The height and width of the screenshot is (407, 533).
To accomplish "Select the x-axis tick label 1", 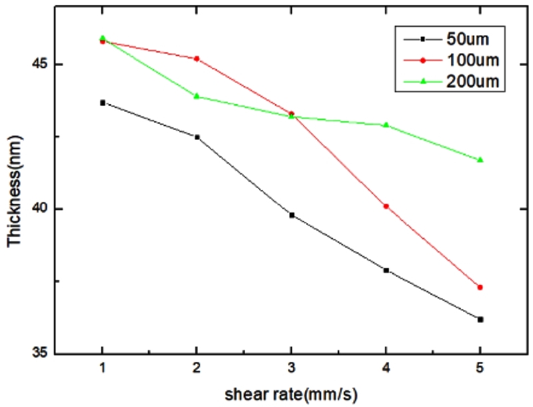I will pos(102,368).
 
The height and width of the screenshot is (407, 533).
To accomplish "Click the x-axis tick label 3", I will pos(291,368).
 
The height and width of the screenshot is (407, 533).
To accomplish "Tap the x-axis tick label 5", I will pos(480,368).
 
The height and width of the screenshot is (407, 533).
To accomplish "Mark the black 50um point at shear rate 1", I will pos(102,103).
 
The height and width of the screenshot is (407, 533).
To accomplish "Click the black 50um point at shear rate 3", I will pos(291,215).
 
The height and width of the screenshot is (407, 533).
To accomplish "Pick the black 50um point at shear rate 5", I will pos(480,320).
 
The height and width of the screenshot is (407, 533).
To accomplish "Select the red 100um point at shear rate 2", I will pos(197,59).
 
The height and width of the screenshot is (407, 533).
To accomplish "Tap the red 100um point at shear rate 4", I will pos(386,206).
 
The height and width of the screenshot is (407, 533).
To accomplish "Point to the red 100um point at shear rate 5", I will pos(480,287).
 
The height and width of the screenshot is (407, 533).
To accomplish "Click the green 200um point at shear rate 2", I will pos(197,96).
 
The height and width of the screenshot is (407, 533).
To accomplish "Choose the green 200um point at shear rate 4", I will pos(386,125).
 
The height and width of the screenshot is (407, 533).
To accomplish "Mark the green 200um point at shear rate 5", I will pos(480,160).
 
